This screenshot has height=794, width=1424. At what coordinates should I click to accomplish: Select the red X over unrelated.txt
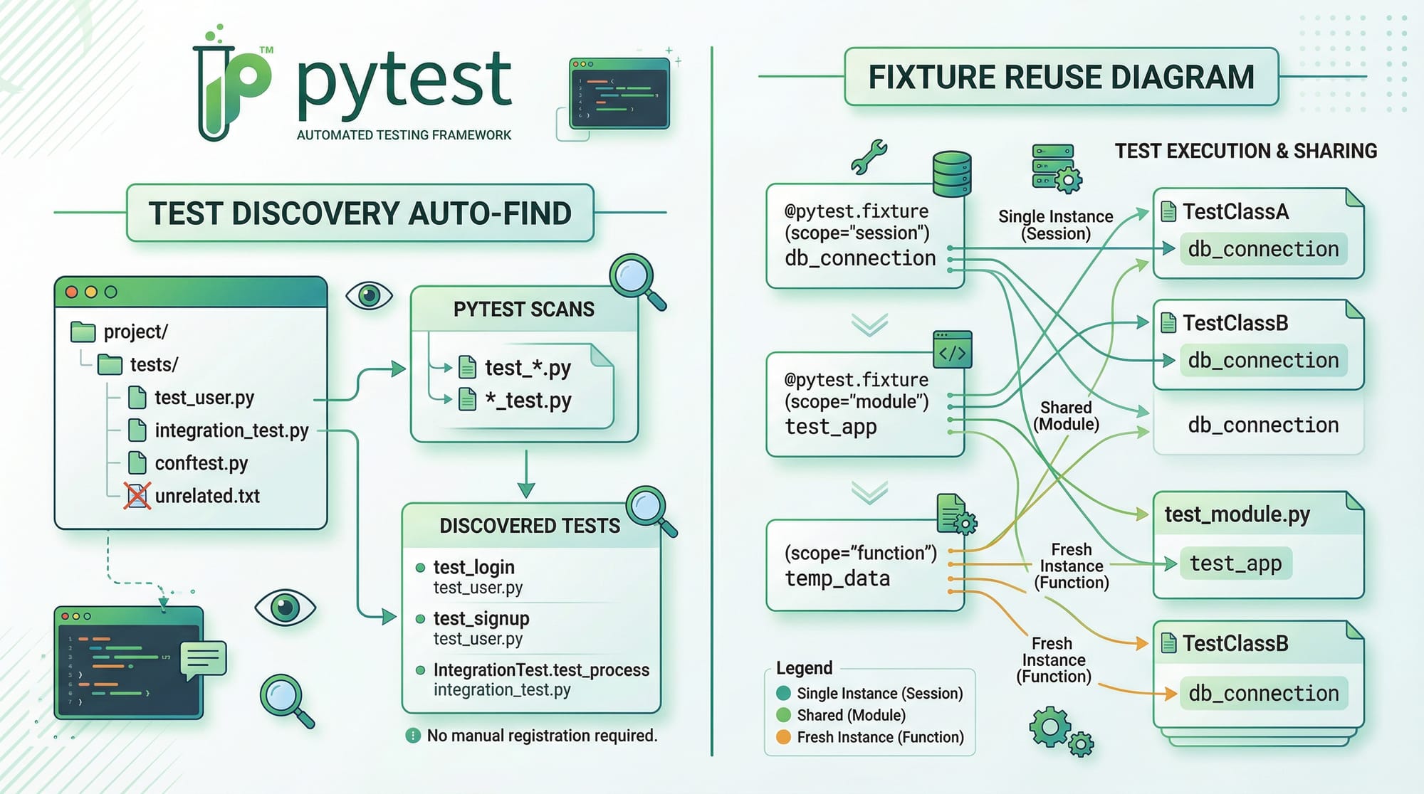pyautogui.click(x=137, y=496)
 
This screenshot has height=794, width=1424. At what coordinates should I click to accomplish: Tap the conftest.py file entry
pyautogui.click(x=201, y=463)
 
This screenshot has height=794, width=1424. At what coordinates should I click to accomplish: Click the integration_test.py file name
pyautogui.click(x=231, y=430)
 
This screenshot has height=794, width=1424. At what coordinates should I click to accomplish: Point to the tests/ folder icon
pyautogui.click(x=110, y=365)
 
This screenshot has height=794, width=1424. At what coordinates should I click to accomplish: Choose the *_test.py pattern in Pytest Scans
pyautogui.click(x=528, y=400)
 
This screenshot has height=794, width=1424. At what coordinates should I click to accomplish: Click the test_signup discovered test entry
pyautogui.click(x=481, y=618)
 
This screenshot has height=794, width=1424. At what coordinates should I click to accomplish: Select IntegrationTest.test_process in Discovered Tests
pyautogui.click(x=541, y=669)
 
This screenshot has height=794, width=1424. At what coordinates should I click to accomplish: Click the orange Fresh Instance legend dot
pyautogui.click(x=783, y=737)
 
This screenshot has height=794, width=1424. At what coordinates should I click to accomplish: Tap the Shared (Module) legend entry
pyautogui.click(x=851, y=715)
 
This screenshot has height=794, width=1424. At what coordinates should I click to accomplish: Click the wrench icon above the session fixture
pyautogui.click(x=869, y=157)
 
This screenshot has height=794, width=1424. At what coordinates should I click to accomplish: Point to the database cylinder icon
pyautogui.click(x=952, y=174)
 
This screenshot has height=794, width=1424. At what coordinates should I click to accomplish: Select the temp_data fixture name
pyautogui.click(x=837, y=578)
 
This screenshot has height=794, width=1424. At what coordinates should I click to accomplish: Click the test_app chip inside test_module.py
pyautogui.click(x=1235, y=563)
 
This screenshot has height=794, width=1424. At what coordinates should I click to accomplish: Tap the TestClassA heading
pyautogui.click(x=1235, y=212)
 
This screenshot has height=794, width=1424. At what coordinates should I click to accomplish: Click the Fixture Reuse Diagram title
pyautogui.click(x=1061, y=77)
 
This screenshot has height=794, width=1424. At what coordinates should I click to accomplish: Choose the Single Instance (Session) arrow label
pyautogui.click(x=1055, y=225)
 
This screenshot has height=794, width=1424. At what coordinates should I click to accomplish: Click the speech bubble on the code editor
pyautogui.click(x=204, y=659)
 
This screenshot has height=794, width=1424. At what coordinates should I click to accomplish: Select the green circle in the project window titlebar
pyautogui.click(x=110, y=292)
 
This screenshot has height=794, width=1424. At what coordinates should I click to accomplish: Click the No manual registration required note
pyautogui.click(x=541, y=736)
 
